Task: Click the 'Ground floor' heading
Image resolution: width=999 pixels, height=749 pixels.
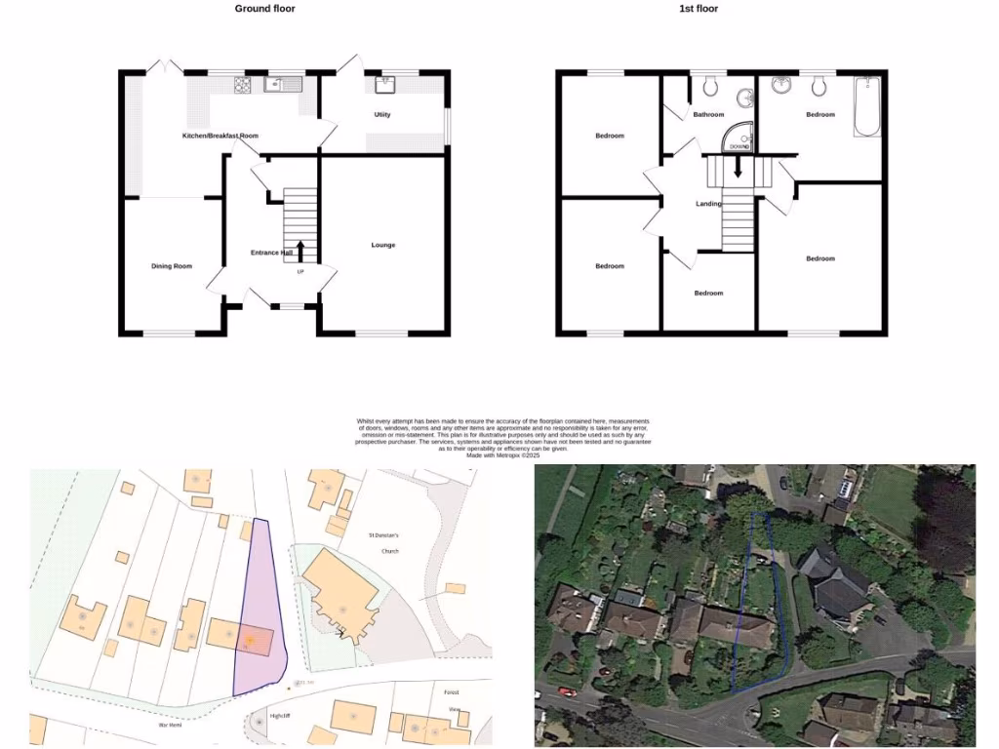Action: click(x=264, y=9)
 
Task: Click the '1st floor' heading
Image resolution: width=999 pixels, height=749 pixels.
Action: click(x=698, y=9)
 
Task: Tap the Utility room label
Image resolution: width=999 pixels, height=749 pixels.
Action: click(x=382, y=115)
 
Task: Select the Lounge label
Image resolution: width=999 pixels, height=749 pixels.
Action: click(x=383, y=245)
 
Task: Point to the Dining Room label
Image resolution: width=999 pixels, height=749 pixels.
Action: click(x=171, y=266)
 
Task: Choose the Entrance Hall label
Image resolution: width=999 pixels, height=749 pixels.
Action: click(x=271, y=253)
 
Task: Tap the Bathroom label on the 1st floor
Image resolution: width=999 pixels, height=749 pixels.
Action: click(x=708, y=115)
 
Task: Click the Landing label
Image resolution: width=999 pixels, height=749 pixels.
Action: click(x=708, y=204)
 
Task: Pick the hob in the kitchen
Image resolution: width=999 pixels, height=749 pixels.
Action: click(x=243, y=85)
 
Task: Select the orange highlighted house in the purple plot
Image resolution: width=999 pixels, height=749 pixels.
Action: click(x=250, y=640)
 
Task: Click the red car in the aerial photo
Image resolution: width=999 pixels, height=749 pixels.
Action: click(x=566, y=691)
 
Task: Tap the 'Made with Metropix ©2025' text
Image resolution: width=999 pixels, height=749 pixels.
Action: click(x=503, y=455)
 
